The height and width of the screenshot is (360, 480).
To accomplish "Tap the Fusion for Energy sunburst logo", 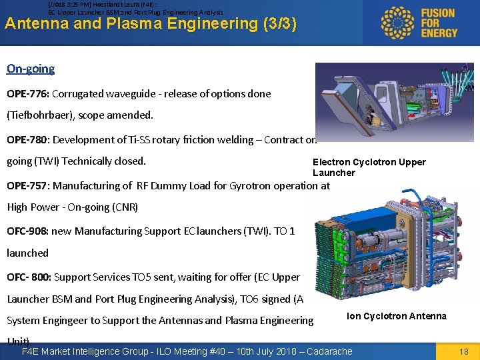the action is coord(397,23).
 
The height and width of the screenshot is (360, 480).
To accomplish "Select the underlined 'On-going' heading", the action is coord(31,69).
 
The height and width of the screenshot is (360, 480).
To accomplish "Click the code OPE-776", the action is coord(27,94).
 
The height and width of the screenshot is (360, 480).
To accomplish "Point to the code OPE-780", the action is coord(27,140).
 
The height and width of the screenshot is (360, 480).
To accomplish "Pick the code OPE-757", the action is coord(27,186).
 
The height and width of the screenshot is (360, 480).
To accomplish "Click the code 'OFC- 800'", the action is coord(29,277).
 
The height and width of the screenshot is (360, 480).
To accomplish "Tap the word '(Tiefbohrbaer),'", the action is coord(41,115).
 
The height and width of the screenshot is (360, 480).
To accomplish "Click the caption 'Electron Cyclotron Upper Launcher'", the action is coord(369,167).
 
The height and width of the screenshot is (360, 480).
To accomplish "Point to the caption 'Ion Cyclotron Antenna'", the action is coord(397,316).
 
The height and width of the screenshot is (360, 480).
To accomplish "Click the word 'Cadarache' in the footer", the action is coord(329,351).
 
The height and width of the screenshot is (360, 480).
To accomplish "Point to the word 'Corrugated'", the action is coord(79,94).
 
